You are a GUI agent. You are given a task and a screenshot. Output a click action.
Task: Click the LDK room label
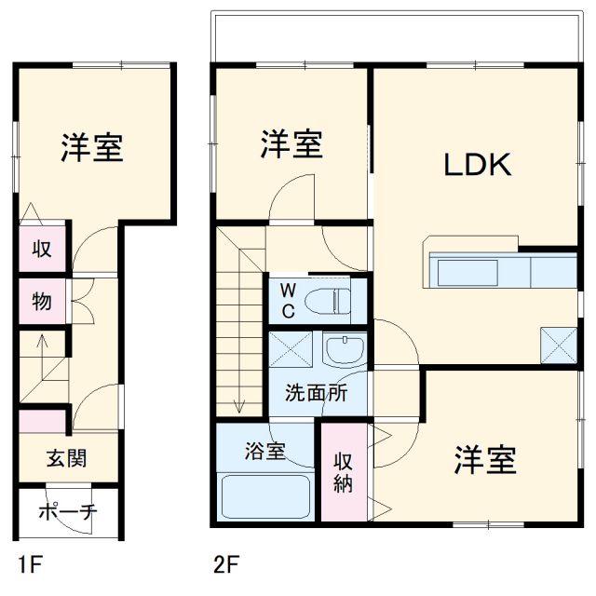point(477,166)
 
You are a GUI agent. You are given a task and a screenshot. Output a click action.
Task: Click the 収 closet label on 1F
point(42,250)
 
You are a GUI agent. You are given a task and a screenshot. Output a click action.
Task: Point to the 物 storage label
point(42,301)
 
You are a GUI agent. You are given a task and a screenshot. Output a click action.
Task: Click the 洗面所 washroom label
point(316,392)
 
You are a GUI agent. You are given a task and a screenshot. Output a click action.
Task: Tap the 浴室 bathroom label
point(265,452)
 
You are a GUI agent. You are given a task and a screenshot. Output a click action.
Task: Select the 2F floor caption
point(226,562)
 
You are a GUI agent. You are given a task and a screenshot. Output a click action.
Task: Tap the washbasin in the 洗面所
point(345,351)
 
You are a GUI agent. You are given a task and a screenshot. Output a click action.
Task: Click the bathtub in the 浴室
point(265,497)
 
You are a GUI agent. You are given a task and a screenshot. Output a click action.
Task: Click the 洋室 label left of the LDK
point(291,144)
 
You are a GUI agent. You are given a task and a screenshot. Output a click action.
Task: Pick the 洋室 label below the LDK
point(485,460)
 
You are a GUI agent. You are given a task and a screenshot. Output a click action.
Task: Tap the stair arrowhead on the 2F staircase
point(239,404)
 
